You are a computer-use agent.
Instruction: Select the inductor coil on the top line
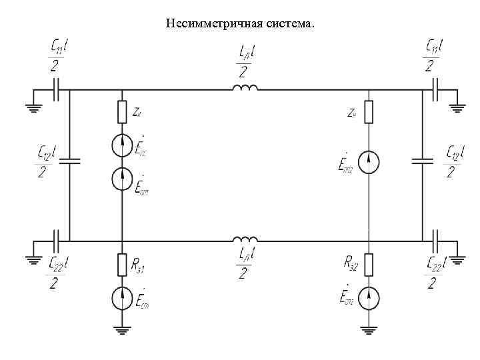(x=245, y=89)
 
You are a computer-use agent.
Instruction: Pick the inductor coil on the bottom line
(x=245, y=239)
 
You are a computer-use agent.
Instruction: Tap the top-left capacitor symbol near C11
(x=59, y=89)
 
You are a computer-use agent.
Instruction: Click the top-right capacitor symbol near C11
(x=435, y=89)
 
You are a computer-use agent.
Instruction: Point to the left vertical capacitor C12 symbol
(x=70, y=161)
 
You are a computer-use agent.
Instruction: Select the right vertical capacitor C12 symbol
(x=423, y=161)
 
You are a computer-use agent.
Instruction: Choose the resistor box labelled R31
(x=122, y=265)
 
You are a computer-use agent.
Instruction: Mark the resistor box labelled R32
(x=369, y=265)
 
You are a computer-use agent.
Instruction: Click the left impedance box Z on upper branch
(x=122, y=112)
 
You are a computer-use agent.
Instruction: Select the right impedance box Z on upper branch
(x=369, y=112)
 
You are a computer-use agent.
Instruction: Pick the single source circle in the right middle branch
(x=369, y=161)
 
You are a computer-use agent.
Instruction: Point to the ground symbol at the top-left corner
(x=33, y=104)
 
